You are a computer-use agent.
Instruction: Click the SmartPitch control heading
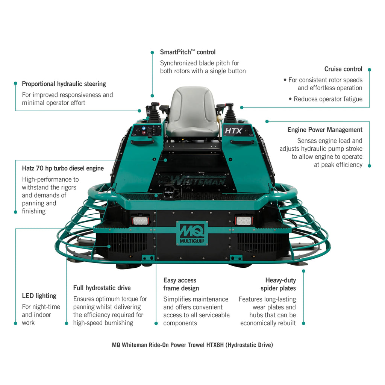tap(188, 52)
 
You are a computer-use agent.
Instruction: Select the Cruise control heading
tap(343, 69)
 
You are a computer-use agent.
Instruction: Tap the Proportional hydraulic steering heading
tap(64, 84)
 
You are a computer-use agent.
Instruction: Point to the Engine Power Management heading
tap(325, 130)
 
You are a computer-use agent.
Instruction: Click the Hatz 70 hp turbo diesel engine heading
tap(63, 168)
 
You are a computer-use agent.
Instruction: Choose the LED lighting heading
tap(39, 296)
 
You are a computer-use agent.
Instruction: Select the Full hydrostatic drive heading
tap(102, 288)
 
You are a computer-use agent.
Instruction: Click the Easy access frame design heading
tap(181, 284)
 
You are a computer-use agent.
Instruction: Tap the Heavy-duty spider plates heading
tap(279, 284)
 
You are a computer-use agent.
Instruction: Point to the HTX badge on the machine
tap(233, 131)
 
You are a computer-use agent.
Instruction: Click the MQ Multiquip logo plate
tap(192, 233)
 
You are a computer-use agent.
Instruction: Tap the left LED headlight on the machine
tap(140, 220)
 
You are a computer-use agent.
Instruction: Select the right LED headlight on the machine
tap(243, 220)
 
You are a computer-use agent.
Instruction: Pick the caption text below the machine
tap(192, 345)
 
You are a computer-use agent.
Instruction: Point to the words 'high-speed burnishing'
tap(103, 323)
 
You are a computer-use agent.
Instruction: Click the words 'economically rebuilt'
tap(268, 323)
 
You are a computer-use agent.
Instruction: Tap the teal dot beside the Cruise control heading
tap(369, 70)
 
